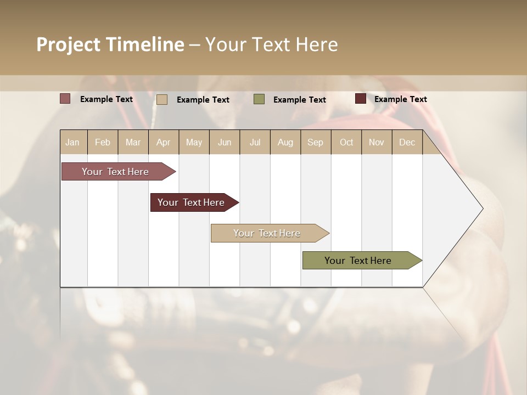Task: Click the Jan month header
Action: click(72, 142)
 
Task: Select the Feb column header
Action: click(103, 142)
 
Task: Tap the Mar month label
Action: click(133, 142)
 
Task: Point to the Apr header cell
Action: click(163, 142)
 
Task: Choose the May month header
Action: click(194, 142)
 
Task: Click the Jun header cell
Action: click(225, 142)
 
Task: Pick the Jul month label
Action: click(255, 142)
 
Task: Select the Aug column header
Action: click(285, 142)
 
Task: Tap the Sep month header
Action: click(315, 142)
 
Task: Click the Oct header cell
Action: click(346, 142)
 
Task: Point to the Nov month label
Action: click(377, 142)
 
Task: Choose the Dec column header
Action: click(407, 142)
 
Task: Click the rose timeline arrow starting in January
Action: click(116, 172)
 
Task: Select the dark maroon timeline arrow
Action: click(192, 202)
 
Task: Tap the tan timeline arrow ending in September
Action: click(267, 233)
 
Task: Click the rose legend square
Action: click(65, 99)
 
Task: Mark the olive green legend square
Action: click(259, 99)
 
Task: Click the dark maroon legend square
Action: click(360, 99)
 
